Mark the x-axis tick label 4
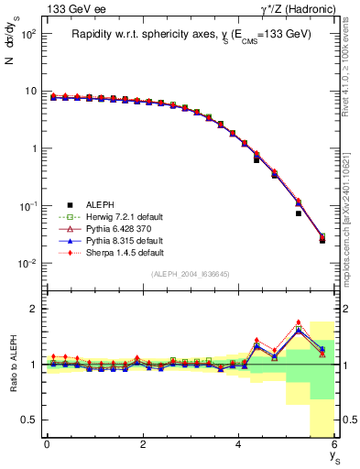[239, 445]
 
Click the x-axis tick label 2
[143, 445]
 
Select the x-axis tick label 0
[47, 445]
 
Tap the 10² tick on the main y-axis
[27, 34]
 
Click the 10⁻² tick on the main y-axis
[27, 264]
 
